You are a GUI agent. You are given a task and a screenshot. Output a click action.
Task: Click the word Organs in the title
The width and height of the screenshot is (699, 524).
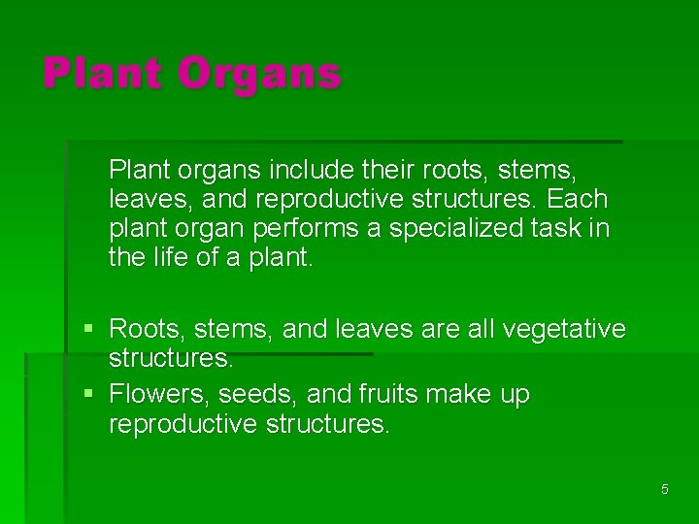(x=260, y=75)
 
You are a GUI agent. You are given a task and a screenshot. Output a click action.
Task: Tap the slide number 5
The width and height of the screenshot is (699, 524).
(x=665, y=489)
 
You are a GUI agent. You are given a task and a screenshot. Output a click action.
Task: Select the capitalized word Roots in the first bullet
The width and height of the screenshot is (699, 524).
(x=144, y=330)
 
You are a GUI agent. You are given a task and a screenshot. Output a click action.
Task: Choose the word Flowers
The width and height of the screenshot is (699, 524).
(x=158, y=396)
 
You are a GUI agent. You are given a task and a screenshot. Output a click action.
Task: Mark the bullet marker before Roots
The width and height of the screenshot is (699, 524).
(x=88, y=330)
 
